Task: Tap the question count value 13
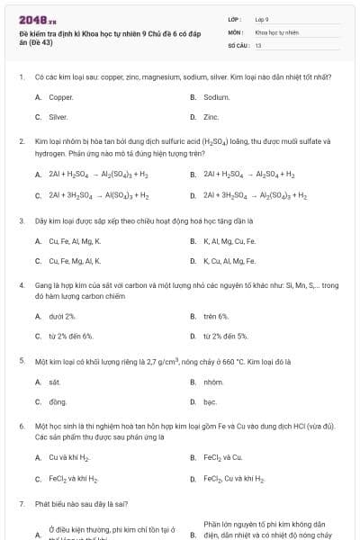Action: click(x=258, y=45)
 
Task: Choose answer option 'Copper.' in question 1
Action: click(x=61, y=96)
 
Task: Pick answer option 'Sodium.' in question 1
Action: click(x=217, y=96)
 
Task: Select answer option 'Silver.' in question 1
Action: click(x=58, y=117)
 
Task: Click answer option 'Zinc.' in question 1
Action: click(x=211, y=117)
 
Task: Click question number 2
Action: click(x=21, y=141)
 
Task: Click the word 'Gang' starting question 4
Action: click(x=43, y=285)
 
